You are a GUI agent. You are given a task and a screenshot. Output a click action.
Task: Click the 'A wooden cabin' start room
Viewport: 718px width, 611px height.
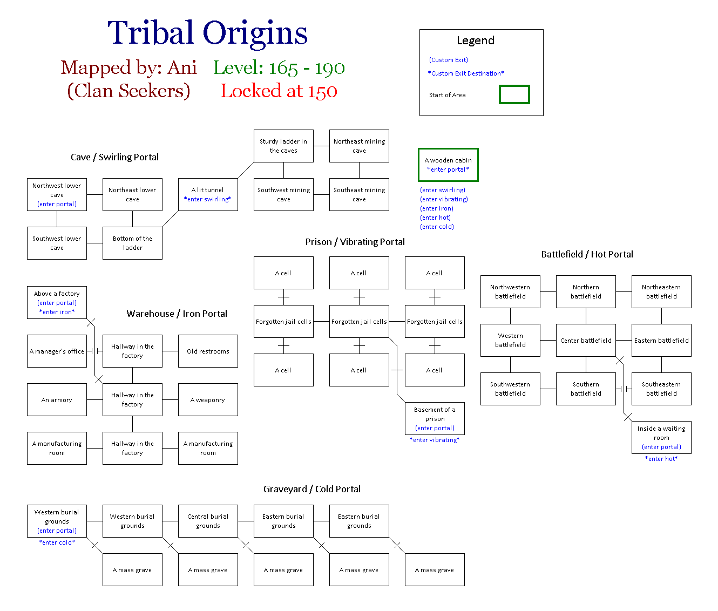[x=448, y=165]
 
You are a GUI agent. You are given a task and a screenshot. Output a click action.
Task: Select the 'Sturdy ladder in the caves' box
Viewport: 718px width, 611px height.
[x=283, y=146]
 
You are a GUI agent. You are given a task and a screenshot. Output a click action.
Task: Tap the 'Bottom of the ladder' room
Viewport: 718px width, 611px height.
[x=132, y=243]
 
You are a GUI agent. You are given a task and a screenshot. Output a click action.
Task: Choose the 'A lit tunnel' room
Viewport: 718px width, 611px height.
[x=208, y=194]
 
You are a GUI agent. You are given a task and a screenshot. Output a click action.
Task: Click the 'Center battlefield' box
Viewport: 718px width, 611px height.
[x=586, y=340]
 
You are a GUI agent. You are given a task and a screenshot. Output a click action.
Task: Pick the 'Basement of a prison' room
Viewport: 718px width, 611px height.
[x=435, y=418]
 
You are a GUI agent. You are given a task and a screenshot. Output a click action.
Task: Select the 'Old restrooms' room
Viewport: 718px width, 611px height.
[x=208, y=351]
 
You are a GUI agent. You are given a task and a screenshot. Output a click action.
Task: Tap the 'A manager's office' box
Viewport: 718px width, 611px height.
[x=57, y=351]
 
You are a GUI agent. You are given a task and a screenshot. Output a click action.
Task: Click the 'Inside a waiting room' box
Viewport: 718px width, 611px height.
[x=661, y=437]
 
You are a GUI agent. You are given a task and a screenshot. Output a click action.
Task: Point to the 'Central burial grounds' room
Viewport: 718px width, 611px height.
[x=208, y=521]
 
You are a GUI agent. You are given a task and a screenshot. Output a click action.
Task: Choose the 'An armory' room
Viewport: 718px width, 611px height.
[x=57, y=399]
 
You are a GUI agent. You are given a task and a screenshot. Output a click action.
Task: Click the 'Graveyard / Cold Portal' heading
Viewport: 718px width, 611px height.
[x=312, y=489]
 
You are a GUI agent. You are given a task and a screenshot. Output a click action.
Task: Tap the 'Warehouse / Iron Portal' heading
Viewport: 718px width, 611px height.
[x=177, y=314]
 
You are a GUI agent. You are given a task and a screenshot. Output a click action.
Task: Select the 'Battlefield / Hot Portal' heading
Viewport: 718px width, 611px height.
[x=587, y=254]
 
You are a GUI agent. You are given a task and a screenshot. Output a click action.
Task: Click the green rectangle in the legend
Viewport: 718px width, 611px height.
[x=514, y=94]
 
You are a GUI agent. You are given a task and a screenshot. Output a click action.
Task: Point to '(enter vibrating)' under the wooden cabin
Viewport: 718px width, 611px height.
[x=444, y=199]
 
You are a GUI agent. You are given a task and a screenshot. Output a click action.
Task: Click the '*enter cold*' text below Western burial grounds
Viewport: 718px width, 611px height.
[x=57, y=542]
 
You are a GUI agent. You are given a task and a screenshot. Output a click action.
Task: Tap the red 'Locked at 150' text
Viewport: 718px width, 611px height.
[x=279, y=91]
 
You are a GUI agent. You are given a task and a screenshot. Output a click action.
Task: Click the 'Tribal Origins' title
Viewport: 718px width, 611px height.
[x=207, y=33]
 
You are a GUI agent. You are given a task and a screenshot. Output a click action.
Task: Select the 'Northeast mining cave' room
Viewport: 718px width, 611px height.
[x=359, y=146]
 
